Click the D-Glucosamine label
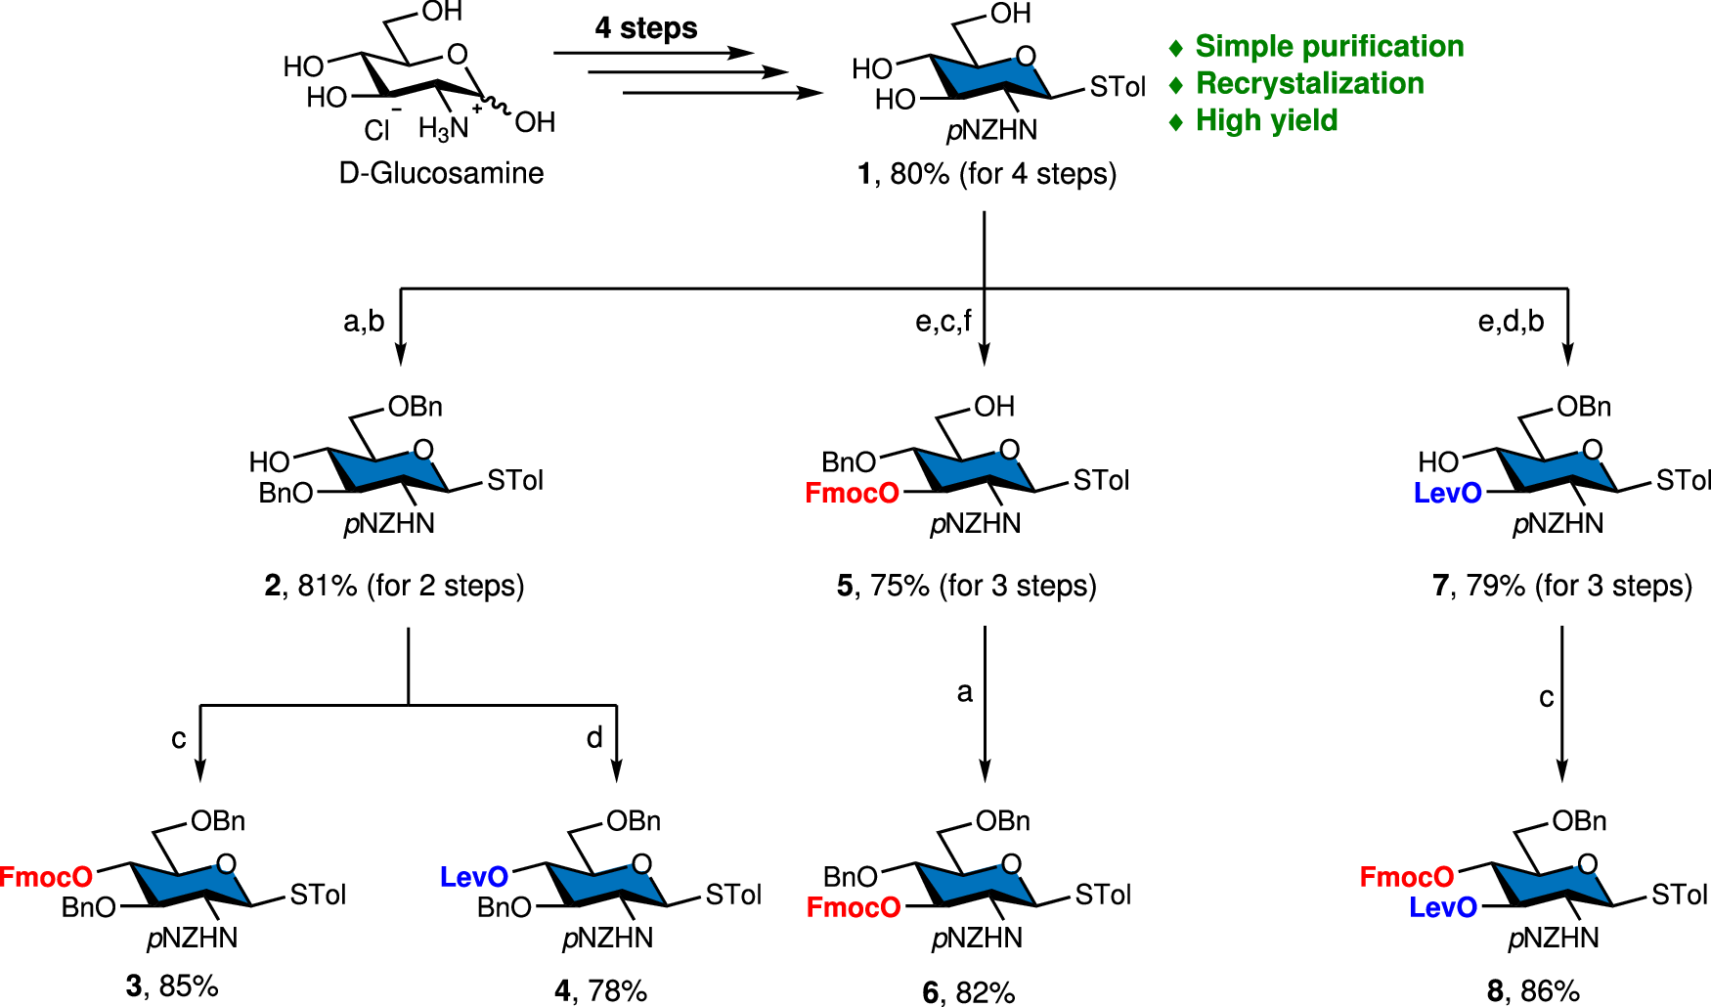(x=441, y=173)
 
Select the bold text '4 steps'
(x=646, y=28)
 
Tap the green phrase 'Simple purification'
(x=1329, y=46)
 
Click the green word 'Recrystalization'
(x=1309, y=83)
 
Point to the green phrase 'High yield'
(x=1266, y=120)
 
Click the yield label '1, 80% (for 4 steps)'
(x=987, y=174)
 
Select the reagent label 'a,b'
(x=364, y=321)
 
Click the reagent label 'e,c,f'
(x=943, y=321)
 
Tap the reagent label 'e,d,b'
(x=1511, y=321)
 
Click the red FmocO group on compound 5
(x=852, y=494)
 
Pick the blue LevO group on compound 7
(x=1447, y=494)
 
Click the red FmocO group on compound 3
(x=46, y=877)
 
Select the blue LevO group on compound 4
(x=473, y=877)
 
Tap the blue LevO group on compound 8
(x=1442, y=908)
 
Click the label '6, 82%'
(x=968, y=992)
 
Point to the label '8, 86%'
(x=1533, y=990)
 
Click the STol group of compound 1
(x=1117, y=88)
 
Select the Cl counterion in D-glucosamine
(x=377, y=129)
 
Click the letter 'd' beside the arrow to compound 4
(x=594, y=738)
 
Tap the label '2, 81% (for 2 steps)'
(x=394, y=586)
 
